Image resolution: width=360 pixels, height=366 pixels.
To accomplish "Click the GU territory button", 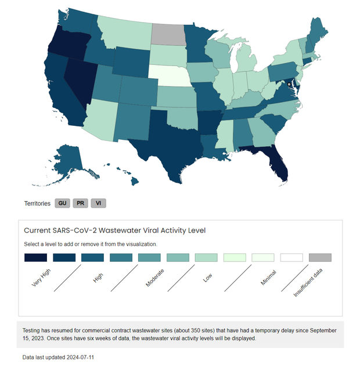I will click(63, 204).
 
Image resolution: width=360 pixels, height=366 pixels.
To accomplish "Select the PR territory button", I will click(81, 204).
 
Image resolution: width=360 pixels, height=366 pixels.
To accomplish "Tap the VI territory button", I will click(99, 204).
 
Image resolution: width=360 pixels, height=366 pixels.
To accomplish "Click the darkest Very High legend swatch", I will click(35, 257).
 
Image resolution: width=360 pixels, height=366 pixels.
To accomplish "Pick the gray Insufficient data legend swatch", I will click(320, 257).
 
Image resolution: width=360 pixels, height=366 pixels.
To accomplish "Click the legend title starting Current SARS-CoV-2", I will click(114, 230).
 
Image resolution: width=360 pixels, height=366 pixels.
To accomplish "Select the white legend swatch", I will click(291, 257).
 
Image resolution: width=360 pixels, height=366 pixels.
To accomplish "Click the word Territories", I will click(37, 204).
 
